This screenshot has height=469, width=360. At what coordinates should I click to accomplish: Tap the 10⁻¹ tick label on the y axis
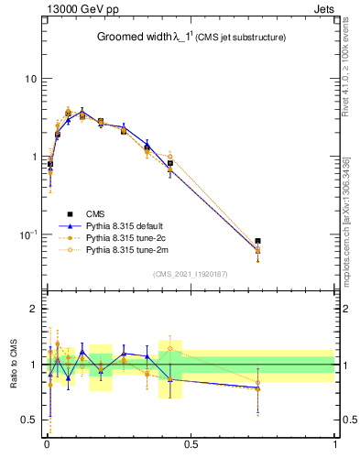tap(28, 234)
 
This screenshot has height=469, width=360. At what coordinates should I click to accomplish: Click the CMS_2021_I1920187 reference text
tap(191, 274)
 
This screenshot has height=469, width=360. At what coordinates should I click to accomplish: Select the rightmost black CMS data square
tap(258, 241)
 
